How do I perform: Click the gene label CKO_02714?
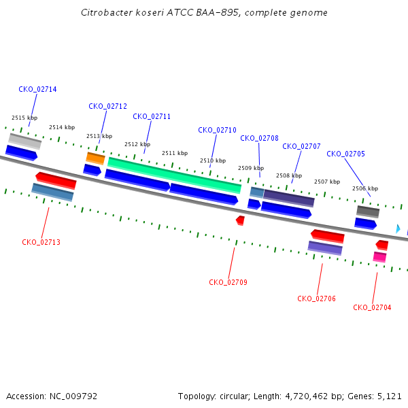pyautogui.click(x=37, y=89)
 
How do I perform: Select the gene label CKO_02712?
pyautogui.click(x=107, y=106)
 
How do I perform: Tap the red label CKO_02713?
pyautogui.click(x=41, y=242)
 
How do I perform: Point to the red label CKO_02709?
pyautogui.click(x=228, y=282)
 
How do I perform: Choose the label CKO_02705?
pyautogui.click(x=345, y=154)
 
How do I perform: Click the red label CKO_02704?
pyautogui.click(x=372, y=307)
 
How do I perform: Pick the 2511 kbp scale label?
pyautogui.click(x=175, y=153)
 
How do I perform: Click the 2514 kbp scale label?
pyautogui.click(x=62, y=127)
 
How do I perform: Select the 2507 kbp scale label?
pyautogui.click(x=327, y=182)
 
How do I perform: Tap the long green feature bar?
pyautogui.click(x=174, y=175)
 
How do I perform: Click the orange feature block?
pyautogui.click(x=95, y=158)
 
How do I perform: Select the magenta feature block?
pyautogui.click(x=379, y=257)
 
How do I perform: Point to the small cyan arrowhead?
pyautogui.click(x=398, y=229)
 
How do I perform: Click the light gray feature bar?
pyautogui.click(x=24, y=141)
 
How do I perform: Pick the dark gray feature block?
pyautogui.click(x=368, y=211)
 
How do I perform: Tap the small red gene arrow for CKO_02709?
pyautogui.click(x=241, y=220)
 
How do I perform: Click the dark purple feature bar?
pyautogui.click(x=289, y=199)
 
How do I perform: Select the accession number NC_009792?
pyautogui.click(x=73, y=396)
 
